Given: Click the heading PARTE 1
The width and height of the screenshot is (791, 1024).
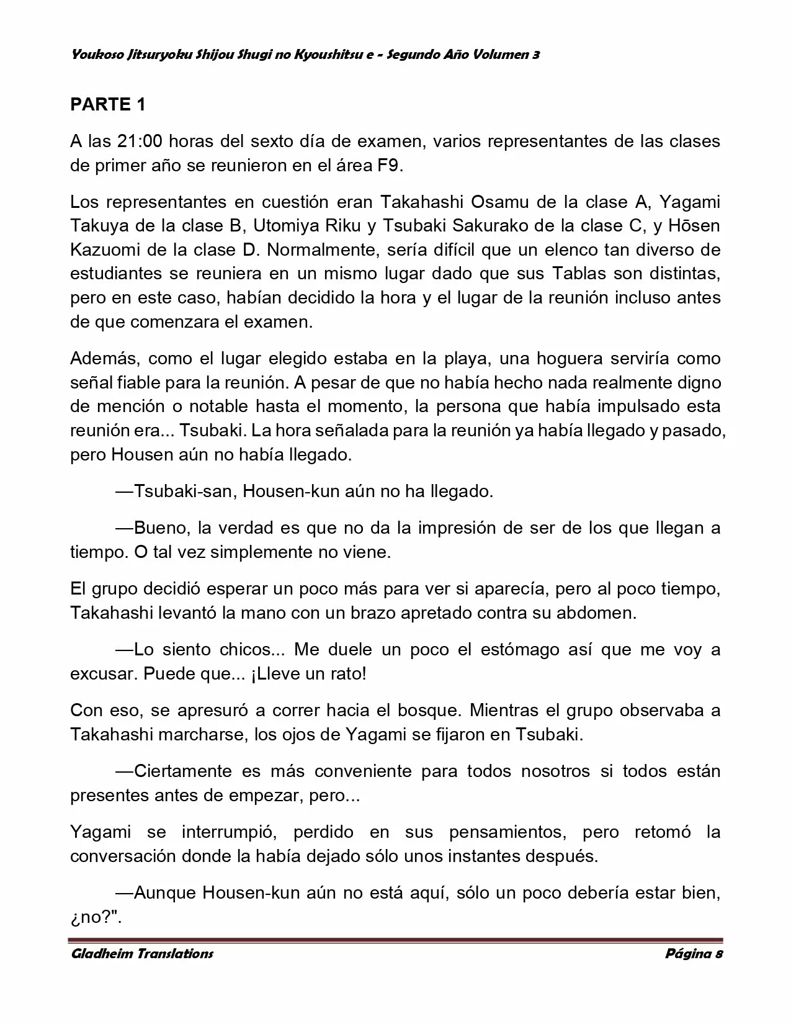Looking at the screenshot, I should (108, 104).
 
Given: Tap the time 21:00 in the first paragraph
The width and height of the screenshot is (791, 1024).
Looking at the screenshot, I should (140, 141).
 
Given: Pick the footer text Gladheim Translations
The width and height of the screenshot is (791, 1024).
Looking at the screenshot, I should (141, 953).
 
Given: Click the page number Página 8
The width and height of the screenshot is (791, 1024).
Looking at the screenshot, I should (694, 953).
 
